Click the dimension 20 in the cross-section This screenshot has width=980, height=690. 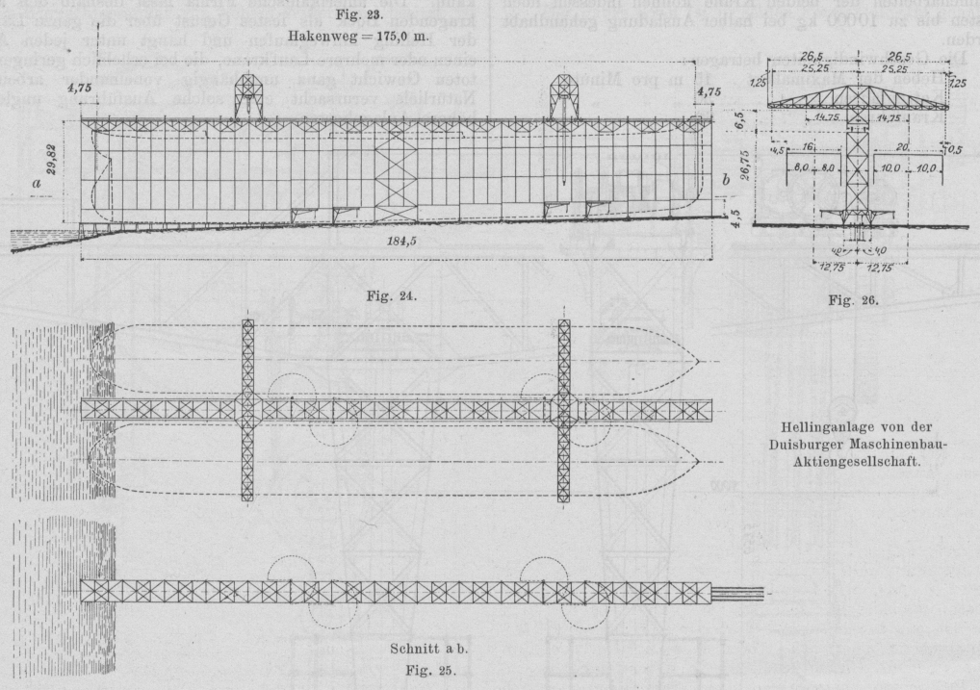click(x=900, y=146)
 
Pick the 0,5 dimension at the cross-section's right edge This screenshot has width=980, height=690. click(x=955, y=148)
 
